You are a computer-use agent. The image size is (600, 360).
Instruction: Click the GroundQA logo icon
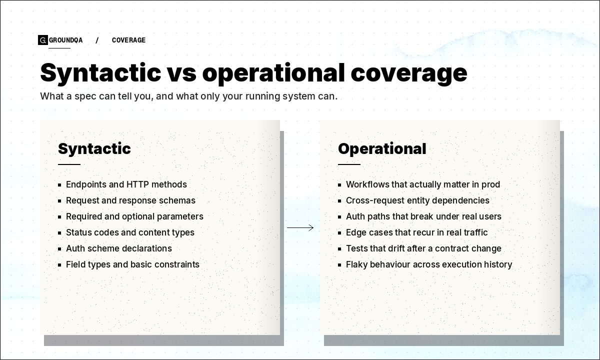[x=42, y=40]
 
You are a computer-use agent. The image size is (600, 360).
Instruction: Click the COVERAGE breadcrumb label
[x=128, y=40]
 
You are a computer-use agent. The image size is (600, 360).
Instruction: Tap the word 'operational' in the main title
[x=273, y=72]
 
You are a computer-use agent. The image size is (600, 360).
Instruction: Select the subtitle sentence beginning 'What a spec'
[x=188, y=96]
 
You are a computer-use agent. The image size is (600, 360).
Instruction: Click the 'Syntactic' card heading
[x=94, y=148]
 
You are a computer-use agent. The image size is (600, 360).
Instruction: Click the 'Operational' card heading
[x=382, y=148]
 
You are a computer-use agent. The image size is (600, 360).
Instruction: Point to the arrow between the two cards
[x=300, y=228]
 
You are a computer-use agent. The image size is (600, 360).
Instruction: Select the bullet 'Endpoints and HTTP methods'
[x=126, y=184]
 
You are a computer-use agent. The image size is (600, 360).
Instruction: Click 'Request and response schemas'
[x=130, y=200]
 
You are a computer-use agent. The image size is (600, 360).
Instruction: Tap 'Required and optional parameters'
[x=134, y=216]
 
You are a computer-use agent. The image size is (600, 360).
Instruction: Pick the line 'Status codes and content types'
[x=130, y=232]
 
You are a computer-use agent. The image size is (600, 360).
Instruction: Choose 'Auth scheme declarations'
[x=118, y=248]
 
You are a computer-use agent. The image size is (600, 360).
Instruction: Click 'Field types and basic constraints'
[x=132, y=264]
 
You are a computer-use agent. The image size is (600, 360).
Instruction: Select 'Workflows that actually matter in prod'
[x=423, y=184]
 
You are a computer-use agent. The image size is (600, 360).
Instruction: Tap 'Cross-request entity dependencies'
[x=417, y=200]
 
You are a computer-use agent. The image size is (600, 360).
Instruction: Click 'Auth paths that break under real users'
[x=423, y=216]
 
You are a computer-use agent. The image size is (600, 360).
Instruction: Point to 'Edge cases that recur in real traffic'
[x=416, y=232]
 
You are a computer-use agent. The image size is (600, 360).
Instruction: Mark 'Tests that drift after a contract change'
[x=423, y=248]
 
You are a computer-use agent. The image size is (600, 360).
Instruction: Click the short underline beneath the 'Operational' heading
[x=349, y=164]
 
